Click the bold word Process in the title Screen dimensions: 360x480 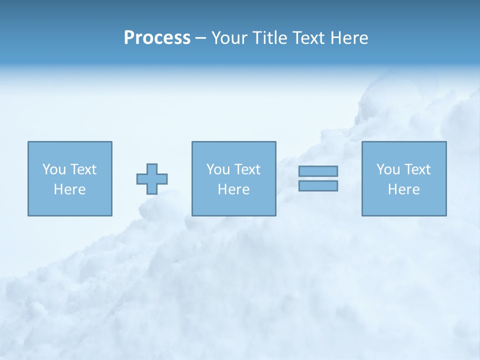pyautogui.click(x=157, y=38)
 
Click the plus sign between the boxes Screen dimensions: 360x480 pyautogui.click(x=152, y=178)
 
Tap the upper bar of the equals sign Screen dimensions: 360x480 pyautogui.click(x=318, y=171)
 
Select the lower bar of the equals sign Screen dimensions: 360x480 pyautogui.click(x=318, y=185)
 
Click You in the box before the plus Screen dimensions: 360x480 pyautogui.click(x=53, y=169)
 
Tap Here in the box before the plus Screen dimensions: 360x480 pyautogui.click(x=69, y=189)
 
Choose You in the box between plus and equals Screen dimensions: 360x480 pyautogui.click(x=217, y=169)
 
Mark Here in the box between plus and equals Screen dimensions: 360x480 pyautogui.click(x=233, y=189)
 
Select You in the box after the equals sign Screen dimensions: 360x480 pyautogui.click(x=387, y=169)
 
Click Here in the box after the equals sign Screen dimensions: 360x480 pyautogui.click(x=403, y=189)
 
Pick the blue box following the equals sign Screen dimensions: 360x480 pyautogui.click(x=404, y=205)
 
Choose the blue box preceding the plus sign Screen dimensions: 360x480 pyautogui.click(x=70, y=205)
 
